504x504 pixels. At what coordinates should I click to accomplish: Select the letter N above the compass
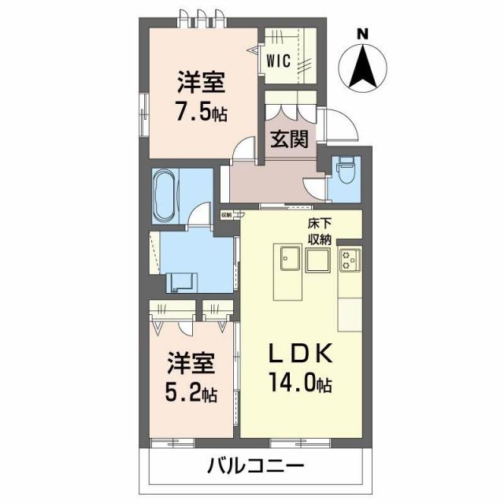click(362, 33)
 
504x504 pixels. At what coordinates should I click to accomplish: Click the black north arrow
click(362, 66)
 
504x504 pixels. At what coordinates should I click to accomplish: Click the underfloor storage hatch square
click(318, 260)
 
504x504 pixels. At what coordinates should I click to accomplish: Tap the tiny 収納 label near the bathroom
click(226, 214)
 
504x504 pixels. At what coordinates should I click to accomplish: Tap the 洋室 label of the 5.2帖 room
click(191, 364)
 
